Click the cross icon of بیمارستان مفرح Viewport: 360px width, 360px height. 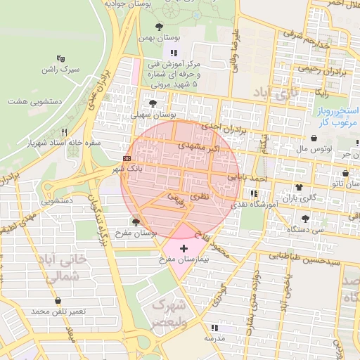(x=184, y=249)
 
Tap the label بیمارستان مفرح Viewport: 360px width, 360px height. (x=184, y=260)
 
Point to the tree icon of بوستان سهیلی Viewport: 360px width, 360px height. (x=154, y=103)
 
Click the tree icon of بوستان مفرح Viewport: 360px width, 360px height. (x=136, y=222)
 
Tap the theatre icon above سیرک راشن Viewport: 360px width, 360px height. (x=61, y=59)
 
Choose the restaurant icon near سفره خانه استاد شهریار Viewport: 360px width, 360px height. (x=64, y=132)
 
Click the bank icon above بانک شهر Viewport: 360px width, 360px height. (x=126, y=159)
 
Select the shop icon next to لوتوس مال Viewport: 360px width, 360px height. (x=313, y=139)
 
